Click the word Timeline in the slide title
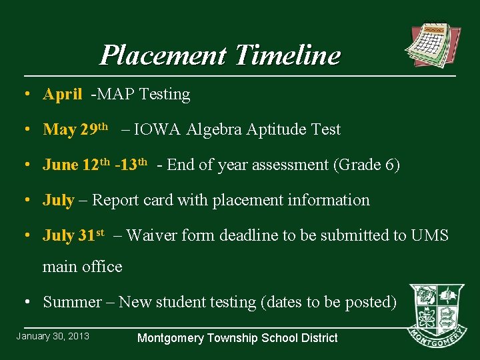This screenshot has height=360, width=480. tap(287, 55)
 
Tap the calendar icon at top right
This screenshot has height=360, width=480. tap(433, 46)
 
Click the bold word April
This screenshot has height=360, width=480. tap(62, 95)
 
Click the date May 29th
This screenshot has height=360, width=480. tap(75, 129)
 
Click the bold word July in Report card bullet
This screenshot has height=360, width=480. tap(58, 200)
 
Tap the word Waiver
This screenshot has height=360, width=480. tap(151, 235)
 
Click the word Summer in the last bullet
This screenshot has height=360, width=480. tap(71, 302)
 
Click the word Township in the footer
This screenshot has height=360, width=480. tap(243, 338)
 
